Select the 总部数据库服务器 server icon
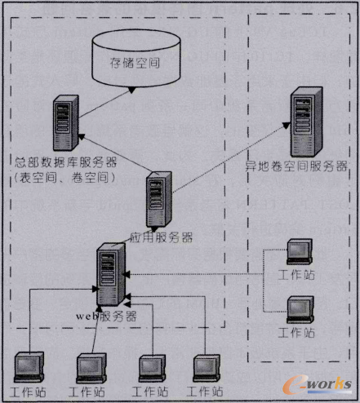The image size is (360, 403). [65, 123]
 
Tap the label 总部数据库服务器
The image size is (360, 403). [65, 161]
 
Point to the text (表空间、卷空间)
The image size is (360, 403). [64, 175]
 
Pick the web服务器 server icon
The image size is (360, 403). [109, 274]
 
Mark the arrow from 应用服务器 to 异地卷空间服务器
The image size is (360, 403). [229, 155]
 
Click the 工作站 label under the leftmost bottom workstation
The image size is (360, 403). [29, 393]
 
